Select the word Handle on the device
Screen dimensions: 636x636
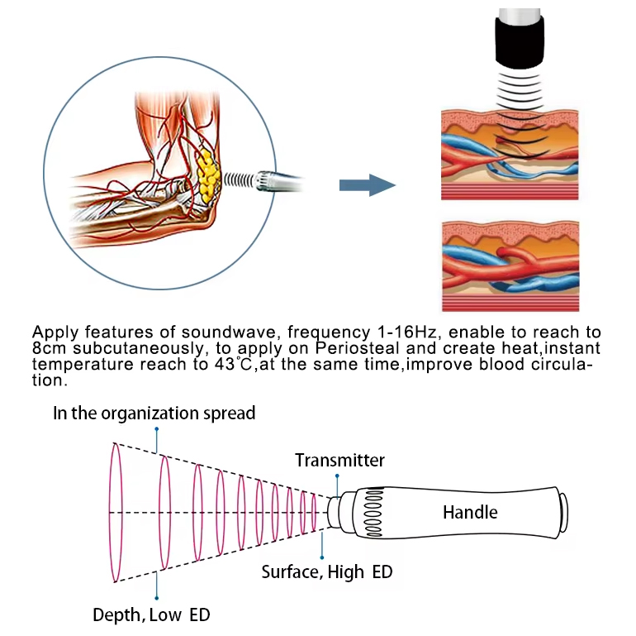(x=470, y=513)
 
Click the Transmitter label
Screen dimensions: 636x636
(x=339, y=461)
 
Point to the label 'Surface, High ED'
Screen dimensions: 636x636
(x=327, y=571)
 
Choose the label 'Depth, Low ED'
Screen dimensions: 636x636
(x=151, y=614)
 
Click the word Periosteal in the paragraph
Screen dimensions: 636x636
(x=311, y=348)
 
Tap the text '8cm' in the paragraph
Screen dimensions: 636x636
(x=50, y=348)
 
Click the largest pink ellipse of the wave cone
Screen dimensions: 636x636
(x=115, y=513)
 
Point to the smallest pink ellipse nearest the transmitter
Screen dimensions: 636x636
(x=314, y=513)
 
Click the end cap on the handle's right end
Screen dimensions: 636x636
(x=563, y=513)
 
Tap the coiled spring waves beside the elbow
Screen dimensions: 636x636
(x=240, y=179)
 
